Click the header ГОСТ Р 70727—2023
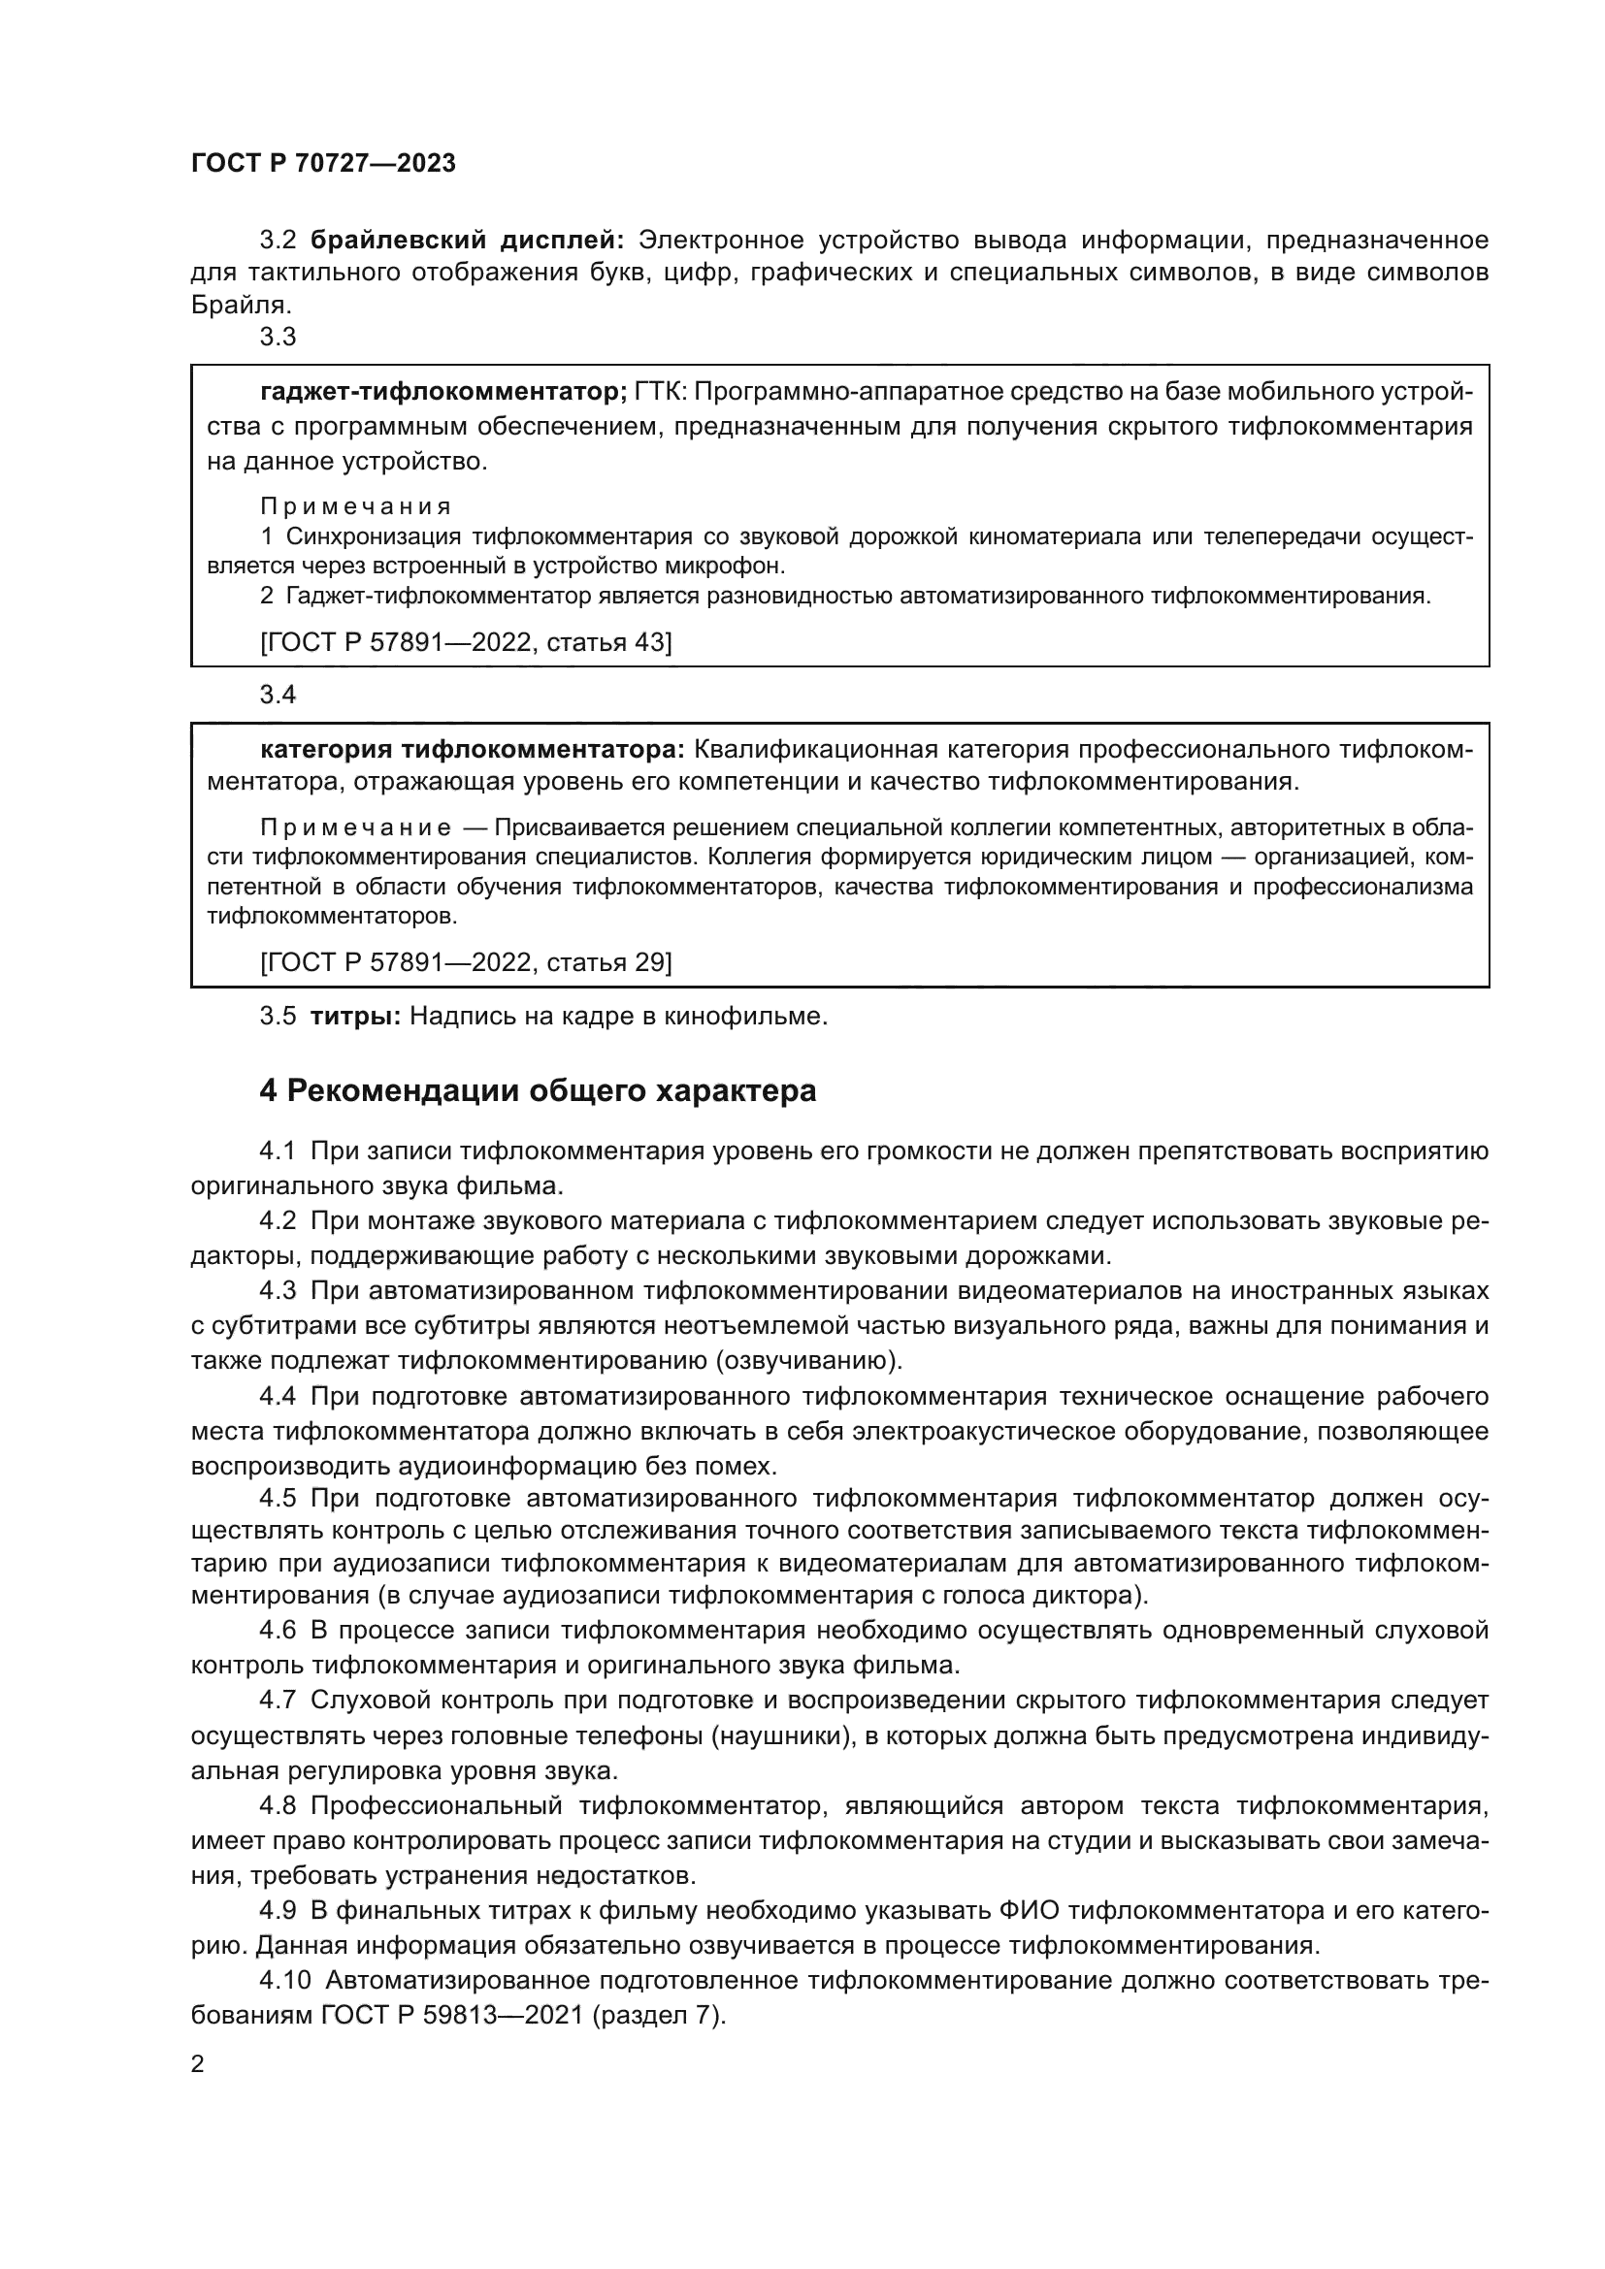(x=323, y=164)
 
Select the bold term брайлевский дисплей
(x=467, y=241)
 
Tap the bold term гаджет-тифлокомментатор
(x=442, y=392)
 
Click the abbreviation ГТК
(x=659, y=392)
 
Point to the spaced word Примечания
(x=356, y=507)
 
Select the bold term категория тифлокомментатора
(x=472, y=750)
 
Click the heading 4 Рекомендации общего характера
(x=538, y=1091)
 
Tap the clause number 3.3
(x=278, y=337)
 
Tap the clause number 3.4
(x=278, y=695)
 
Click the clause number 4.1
(x=278, y=1151)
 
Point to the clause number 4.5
(x=278, y=1498)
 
